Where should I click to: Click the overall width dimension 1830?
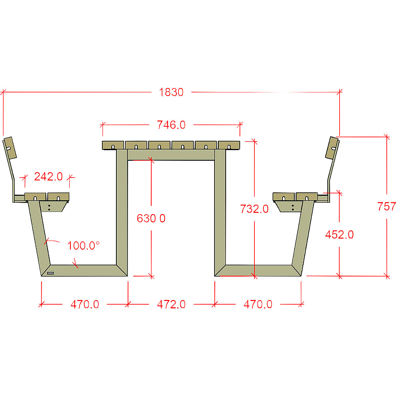(x=171, y=92)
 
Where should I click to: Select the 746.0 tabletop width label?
(x=171, y=125)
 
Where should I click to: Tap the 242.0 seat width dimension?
(x=48, y=177)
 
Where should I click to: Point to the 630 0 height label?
(x=151, y=218)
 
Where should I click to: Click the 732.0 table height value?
(x=254, y=209)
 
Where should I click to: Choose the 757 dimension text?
(x=386, y=207)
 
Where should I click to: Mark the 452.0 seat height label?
(x=339, y=235)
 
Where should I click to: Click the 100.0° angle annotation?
(x=83, y=246)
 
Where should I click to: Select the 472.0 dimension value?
(x=171, y=304)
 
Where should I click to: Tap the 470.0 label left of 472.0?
(x=85, y=304)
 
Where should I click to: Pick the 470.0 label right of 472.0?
(x=258, y=304)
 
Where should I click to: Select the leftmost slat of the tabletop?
(x=113, y=145)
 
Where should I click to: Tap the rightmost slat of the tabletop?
(x=229, y=145)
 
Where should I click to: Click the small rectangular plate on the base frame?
(x=50, y=273)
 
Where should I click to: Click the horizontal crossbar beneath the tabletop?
(x=171, y=155)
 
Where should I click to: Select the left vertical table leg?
(x=122, y=211)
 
